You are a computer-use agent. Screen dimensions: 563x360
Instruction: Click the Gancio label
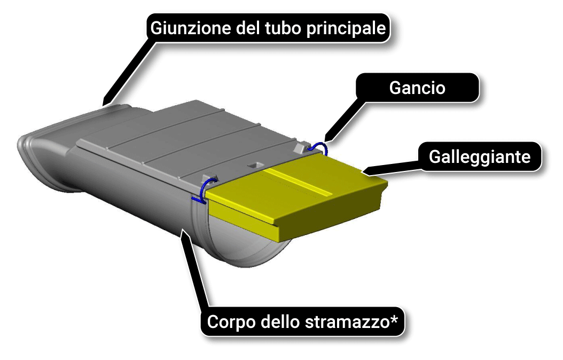pos(417,88)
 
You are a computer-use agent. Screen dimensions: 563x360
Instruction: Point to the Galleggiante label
pos(480,157)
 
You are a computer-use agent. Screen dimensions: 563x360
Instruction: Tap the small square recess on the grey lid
pos(256,165)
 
